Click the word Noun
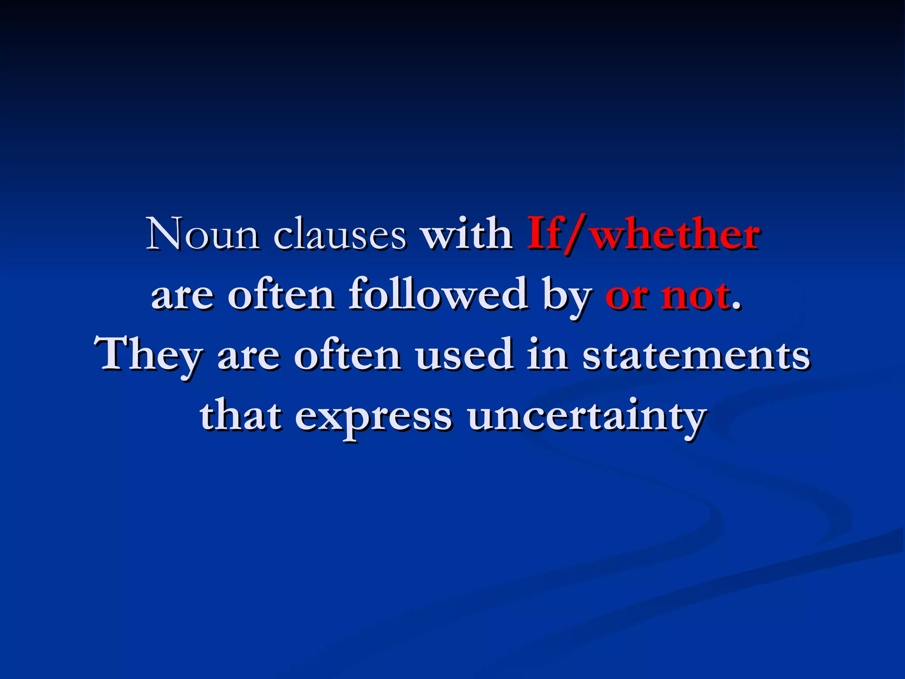pos(202,234)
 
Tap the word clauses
pos(339,234)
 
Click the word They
pos(149,355)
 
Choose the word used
pos(464,355)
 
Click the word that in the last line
pos(240,416)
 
